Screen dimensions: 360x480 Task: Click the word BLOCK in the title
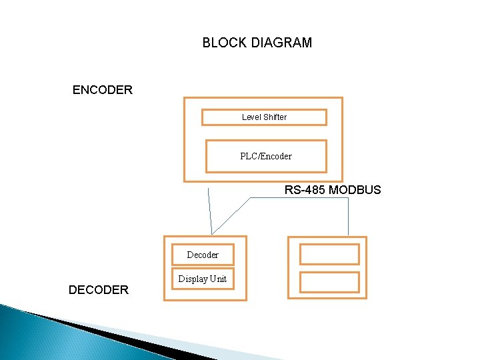pyautogui.click(x=225, y=43)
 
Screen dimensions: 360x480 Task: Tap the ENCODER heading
pyautogui.click(x=103, y=89)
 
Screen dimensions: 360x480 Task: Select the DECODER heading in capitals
pyautogui.click(x=99, y=289)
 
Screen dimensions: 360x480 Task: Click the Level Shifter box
pyautogui.click(x=264, y=117)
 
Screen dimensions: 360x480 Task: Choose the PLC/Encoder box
pyautogui.click(x=266, y=156)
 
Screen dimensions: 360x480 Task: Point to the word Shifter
pyautogui.click(x=275, y=117)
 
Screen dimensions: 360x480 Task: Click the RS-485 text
pyautogui.click(x=305, y=190)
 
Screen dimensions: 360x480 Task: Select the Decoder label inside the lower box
pyautogui.click(x=203, y=255)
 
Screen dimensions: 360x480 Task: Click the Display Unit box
pyautogui.click(x=202, y=279)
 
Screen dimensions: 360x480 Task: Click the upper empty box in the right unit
pyautogui.click(x=329, y=254)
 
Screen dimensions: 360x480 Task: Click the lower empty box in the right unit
pyautogui.click(x=329, y=282)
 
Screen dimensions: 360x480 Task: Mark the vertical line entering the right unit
pyautogui.click(x=349, y=217)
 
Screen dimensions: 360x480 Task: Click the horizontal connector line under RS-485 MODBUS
pyautogui.click(x=300, y=197)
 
